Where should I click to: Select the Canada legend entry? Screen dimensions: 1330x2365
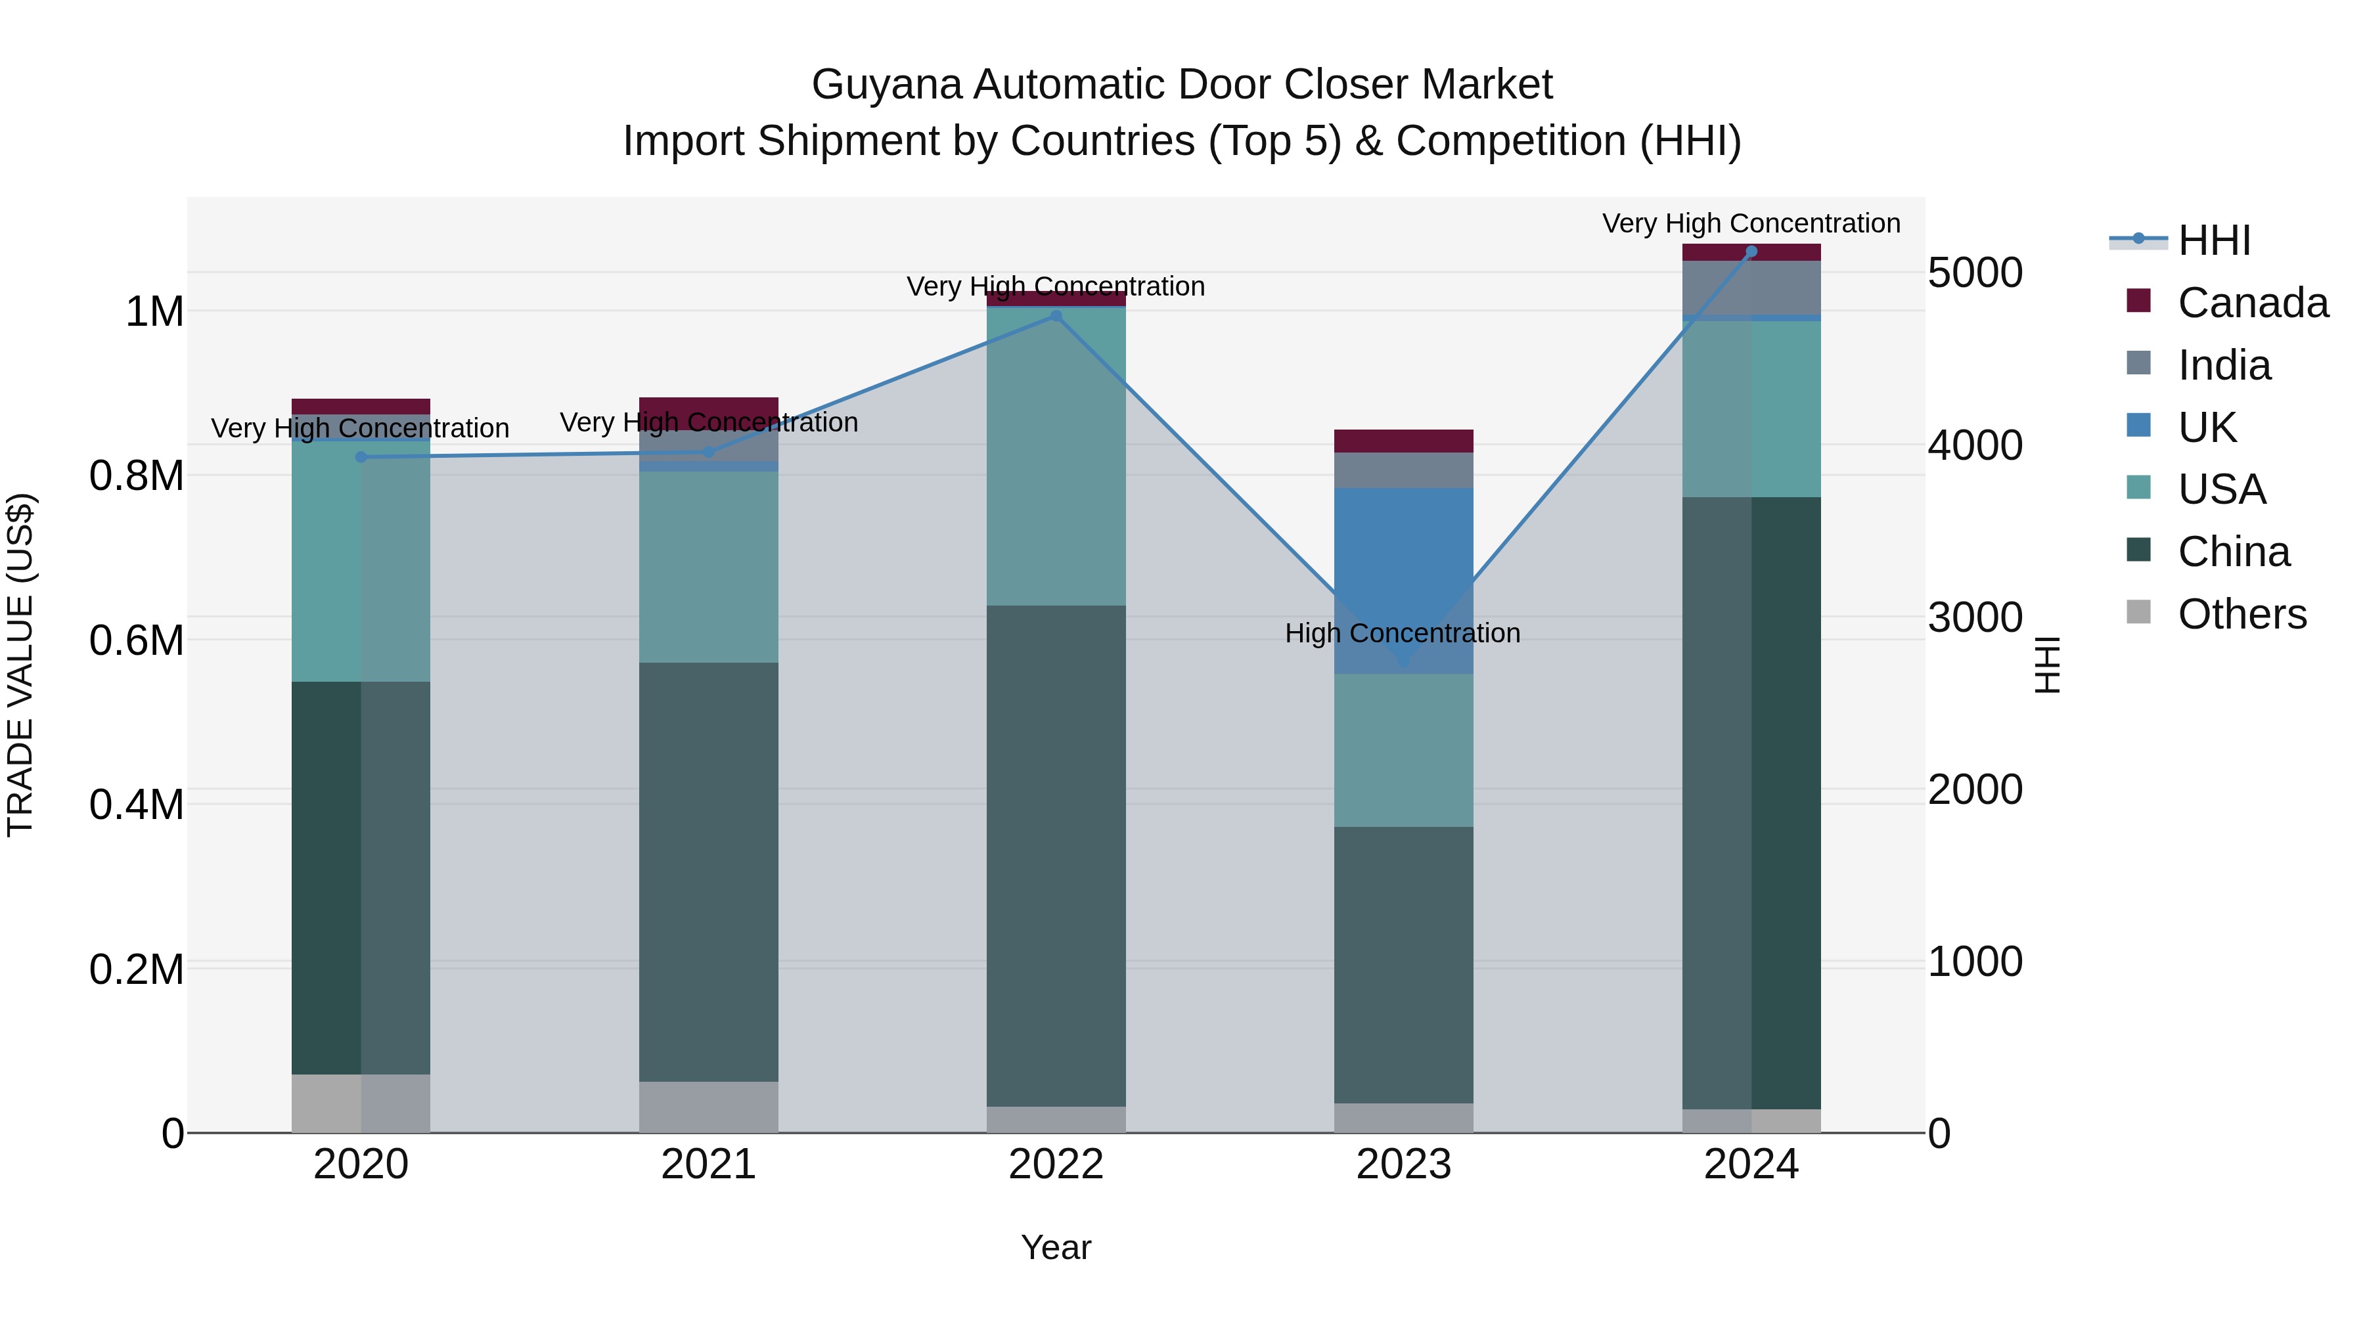coord(2251,303)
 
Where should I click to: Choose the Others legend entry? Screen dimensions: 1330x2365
coord(2241,614)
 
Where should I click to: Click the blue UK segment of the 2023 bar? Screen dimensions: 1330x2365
coord(1403,569)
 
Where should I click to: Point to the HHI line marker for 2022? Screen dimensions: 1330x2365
coord(1056,316)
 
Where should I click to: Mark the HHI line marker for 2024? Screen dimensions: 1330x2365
coord(1751,252)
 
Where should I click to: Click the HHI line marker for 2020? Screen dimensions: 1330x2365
coord(361,457)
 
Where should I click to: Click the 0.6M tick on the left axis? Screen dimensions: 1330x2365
coord(137,640)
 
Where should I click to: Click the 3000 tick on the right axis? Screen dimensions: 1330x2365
coord(1974,618)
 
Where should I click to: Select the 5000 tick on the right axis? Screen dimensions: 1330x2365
coord(1974,273)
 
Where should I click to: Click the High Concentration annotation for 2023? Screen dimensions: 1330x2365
coord(1402,633)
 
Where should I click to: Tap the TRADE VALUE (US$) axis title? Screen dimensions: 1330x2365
coord(21,665)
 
